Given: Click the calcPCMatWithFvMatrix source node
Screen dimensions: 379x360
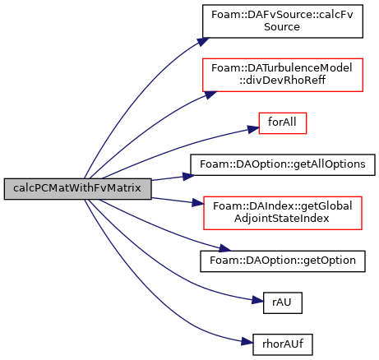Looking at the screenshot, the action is coord(77,189).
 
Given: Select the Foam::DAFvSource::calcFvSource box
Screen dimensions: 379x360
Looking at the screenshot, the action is coord(283,21).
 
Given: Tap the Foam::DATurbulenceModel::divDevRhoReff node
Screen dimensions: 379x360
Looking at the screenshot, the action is coord(283,75).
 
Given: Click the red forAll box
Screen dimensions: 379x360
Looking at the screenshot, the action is coord(283,123).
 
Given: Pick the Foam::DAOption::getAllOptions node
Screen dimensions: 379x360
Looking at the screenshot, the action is coord(283,164).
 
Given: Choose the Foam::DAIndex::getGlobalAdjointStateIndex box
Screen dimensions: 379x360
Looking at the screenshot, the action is coord(283,213).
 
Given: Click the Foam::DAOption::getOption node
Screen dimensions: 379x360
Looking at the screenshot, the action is coord(283,261).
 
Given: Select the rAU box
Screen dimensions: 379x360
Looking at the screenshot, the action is coord(283,302).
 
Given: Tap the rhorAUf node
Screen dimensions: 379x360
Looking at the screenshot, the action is coord(283,344).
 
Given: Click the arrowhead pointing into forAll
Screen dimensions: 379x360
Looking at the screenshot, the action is coord(253,129).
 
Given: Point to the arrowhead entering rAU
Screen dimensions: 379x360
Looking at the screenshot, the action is coord(257,300).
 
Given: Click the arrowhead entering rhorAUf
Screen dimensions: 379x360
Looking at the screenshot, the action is coord(247,342).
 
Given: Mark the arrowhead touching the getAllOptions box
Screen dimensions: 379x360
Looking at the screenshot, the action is coord(188,176).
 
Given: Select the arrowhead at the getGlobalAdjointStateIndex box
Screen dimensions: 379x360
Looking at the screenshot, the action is coord(198,203).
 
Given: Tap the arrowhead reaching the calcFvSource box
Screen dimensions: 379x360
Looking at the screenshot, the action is coord(203,42).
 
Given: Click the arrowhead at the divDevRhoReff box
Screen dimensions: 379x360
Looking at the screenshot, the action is coord(210,95).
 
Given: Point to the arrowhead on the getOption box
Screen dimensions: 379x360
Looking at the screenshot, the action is coord(225,248).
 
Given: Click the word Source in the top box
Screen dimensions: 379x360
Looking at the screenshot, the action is coord(282,27).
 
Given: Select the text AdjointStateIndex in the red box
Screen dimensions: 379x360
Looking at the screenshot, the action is coord(282,219).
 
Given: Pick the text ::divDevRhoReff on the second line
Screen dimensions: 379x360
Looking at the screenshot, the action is coord(282,81).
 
